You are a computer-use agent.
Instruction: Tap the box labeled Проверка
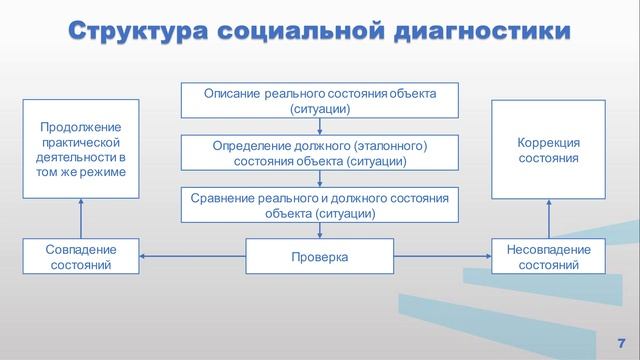[x=319, y=257]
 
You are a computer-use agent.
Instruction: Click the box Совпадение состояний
[x=81, y=257]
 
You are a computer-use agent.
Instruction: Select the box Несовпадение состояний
[x=549, y=257]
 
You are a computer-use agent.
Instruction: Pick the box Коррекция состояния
[x=549, y=150]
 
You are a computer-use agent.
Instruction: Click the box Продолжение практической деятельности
[x=81, y=150]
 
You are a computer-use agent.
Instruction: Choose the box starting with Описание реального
[x=319, y=100]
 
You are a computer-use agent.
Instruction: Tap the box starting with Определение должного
[x=319, y=153]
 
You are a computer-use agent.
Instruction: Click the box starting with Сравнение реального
[x=319, y=205]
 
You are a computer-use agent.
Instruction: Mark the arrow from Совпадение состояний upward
[x=81, y=219]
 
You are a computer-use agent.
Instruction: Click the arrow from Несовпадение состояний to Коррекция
[x=549, y=219]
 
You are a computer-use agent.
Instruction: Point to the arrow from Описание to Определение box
[x=319, y=126]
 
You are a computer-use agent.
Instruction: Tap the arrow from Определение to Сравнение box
[x=319, y=179]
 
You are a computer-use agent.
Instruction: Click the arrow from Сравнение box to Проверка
[x=319, y=231]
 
